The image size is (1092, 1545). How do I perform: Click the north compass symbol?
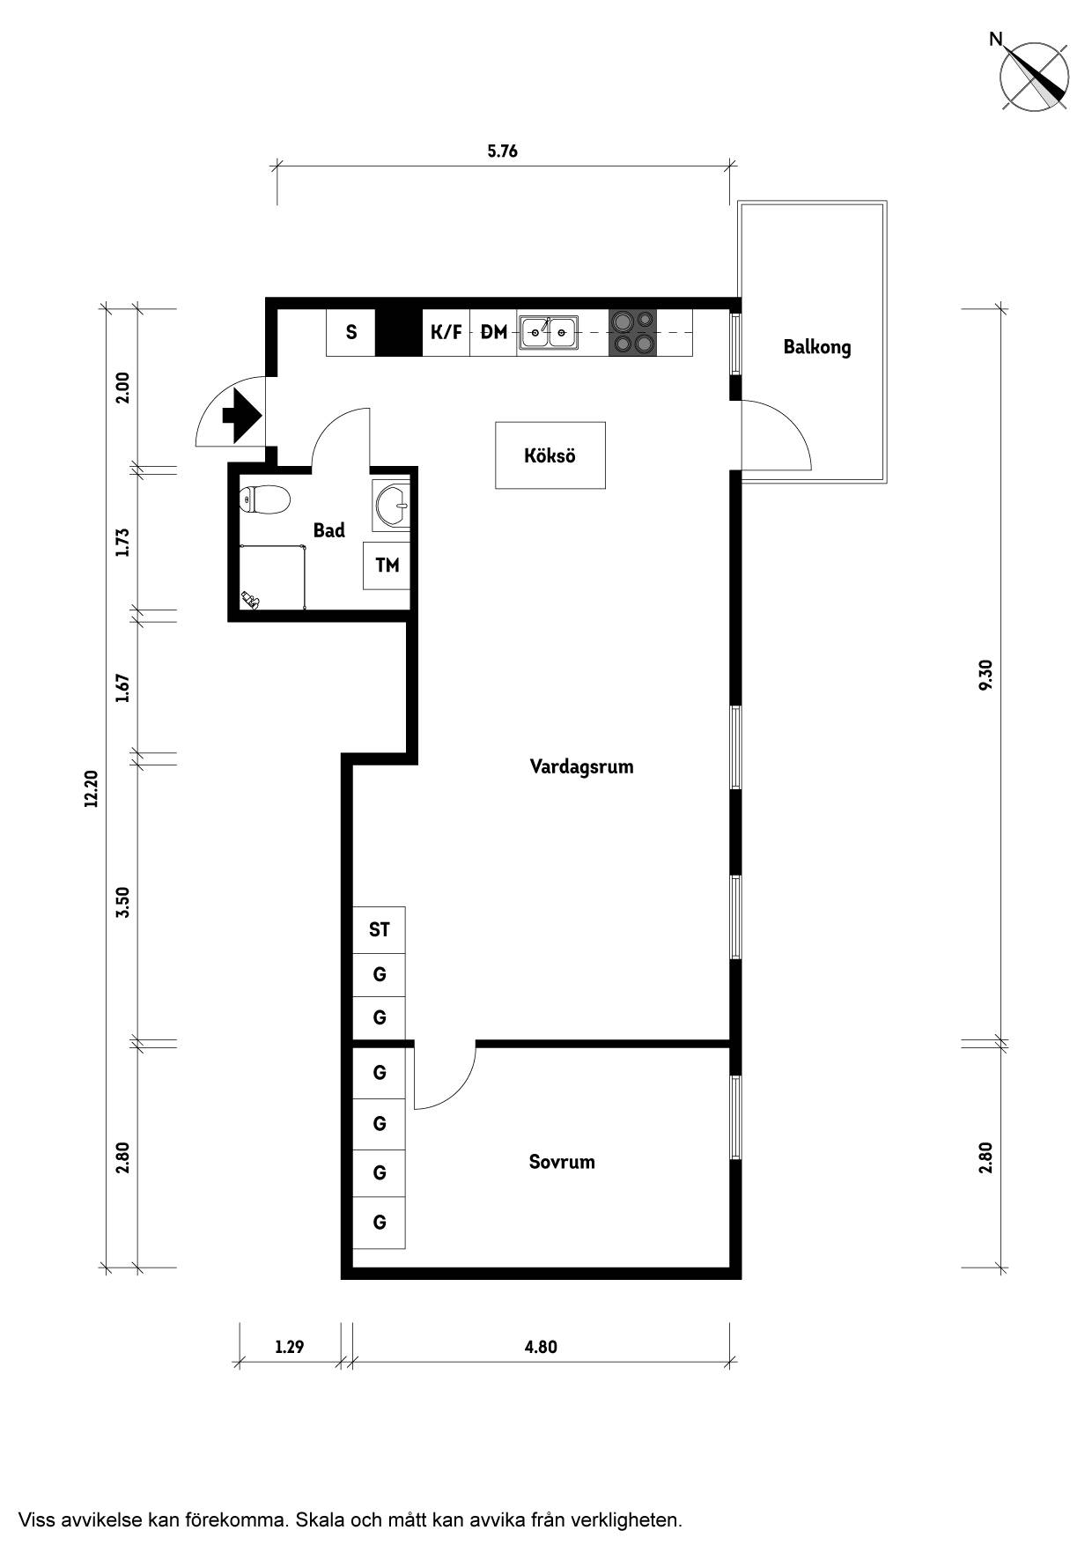pos(1036,77)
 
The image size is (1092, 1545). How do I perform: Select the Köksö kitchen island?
pos(550,455)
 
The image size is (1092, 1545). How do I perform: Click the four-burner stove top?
pos(632,332)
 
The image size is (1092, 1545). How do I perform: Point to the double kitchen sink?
pos(549,331)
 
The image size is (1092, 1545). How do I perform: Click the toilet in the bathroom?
pos(265,500)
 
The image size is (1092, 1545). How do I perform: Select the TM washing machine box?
pos(387,566)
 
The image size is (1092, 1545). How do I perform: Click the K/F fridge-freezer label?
pos(446,332)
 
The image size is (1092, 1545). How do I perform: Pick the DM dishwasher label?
pos(493,332)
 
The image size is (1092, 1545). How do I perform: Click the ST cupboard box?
pos(380,929)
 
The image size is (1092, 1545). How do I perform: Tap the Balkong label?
pos(817,347)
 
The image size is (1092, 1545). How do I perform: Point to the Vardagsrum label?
pos(581,766)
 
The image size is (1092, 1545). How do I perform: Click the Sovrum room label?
pos(562,1162)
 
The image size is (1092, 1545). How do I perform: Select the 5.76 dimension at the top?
pos(503,151)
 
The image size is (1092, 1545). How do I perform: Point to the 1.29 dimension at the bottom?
pos(289,1347)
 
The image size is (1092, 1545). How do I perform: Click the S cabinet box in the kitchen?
pos(351,332)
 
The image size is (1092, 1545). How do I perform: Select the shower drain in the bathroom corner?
pos(252,601)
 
